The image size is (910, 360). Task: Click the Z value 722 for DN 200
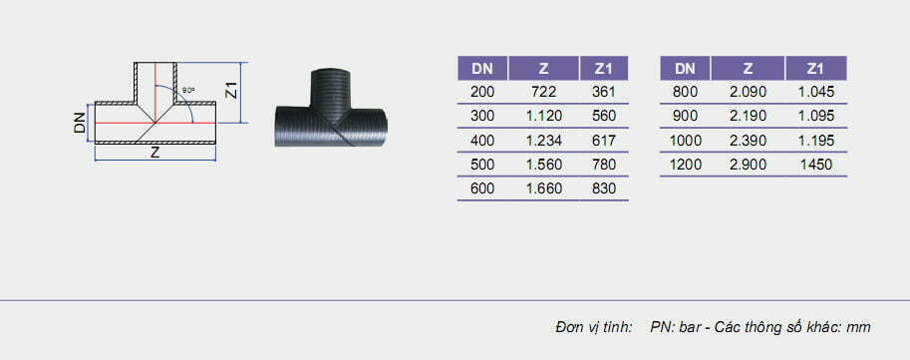click(543, 92)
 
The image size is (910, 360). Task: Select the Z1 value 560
click(604, 116)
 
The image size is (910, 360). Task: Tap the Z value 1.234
click(544, 141)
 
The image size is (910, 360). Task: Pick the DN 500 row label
click(482, 165)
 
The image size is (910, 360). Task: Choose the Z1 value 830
click(604, 188)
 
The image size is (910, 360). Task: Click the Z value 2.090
click(748, 92)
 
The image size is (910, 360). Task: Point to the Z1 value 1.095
click(815, 116)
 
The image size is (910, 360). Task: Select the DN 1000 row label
click(686, 141)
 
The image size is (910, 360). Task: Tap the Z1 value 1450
click(815, 165)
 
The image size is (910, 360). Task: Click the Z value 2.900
click(748, 165)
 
